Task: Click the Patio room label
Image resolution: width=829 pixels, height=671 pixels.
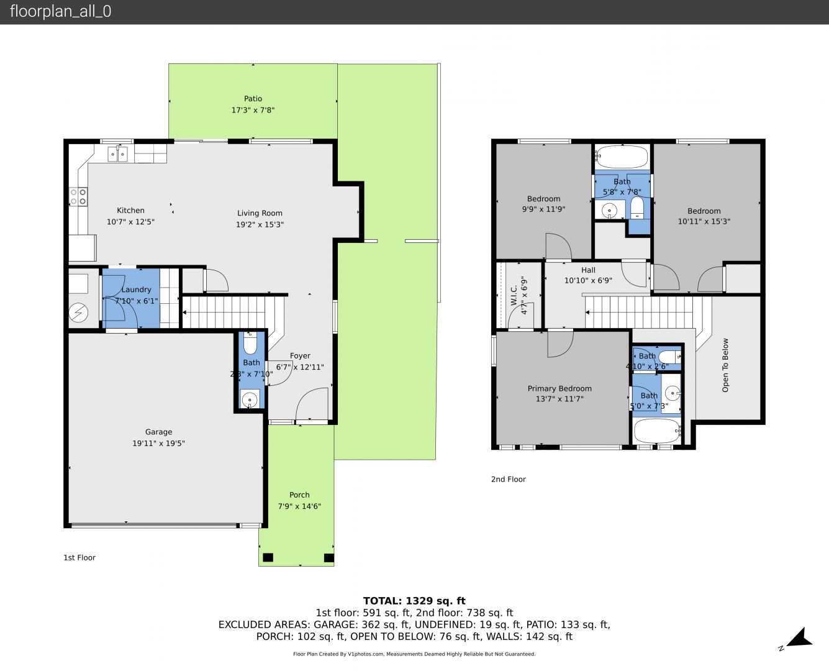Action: (253, 99)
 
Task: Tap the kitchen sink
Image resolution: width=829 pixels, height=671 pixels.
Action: (117, 154)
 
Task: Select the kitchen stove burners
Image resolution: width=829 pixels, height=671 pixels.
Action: (78, 197)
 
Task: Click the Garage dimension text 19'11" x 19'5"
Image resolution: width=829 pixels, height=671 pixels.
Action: (158, 443)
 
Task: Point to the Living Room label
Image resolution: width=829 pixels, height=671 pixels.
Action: (260, 213)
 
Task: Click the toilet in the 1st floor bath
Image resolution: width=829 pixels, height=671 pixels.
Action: (250, 343)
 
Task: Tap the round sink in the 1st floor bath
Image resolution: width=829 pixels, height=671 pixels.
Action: (249, 399)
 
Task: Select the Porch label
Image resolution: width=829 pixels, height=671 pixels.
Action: (299, 495)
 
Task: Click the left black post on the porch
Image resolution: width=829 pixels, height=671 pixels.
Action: (268, 558)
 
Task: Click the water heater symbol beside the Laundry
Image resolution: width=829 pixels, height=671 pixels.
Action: (78, 313)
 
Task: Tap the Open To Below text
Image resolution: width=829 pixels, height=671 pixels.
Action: (725, 365)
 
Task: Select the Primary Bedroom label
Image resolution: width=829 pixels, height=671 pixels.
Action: (559, 388)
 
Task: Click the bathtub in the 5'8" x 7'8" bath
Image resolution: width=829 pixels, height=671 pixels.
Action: (622, 157)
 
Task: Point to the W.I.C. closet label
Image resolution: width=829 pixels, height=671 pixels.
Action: (514, 295)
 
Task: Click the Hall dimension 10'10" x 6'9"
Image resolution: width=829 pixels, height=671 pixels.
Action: (588, 280)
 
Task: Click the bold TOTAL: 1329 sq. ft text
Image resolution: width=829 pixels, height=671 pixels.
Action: (414, 601)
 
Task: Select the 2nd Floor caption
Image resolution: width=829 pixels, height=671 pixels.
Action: (509, 480)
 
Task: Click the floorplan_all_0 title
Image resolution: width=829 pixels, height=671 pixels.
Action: (60, 11)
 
